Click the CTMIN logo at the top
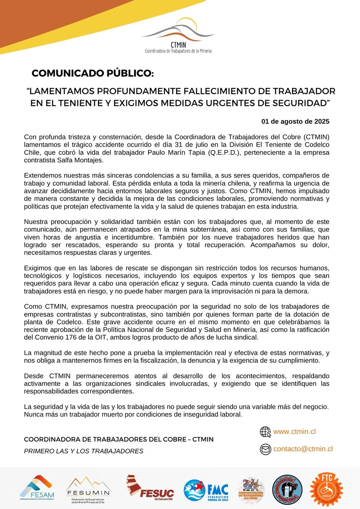point(177,36)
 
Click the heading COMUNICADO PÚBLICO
point(93,73)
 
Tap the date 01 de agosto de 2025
point(295,121)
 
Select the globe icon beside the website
point(265,432)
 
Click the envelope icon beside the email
point(265,449)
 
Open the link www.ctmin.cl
point(294,432)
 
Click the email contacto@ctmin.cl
point(303,449)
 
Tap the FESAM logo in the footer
point(37,488)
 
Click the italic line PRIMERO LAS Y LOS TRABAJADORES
point(84,451)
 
